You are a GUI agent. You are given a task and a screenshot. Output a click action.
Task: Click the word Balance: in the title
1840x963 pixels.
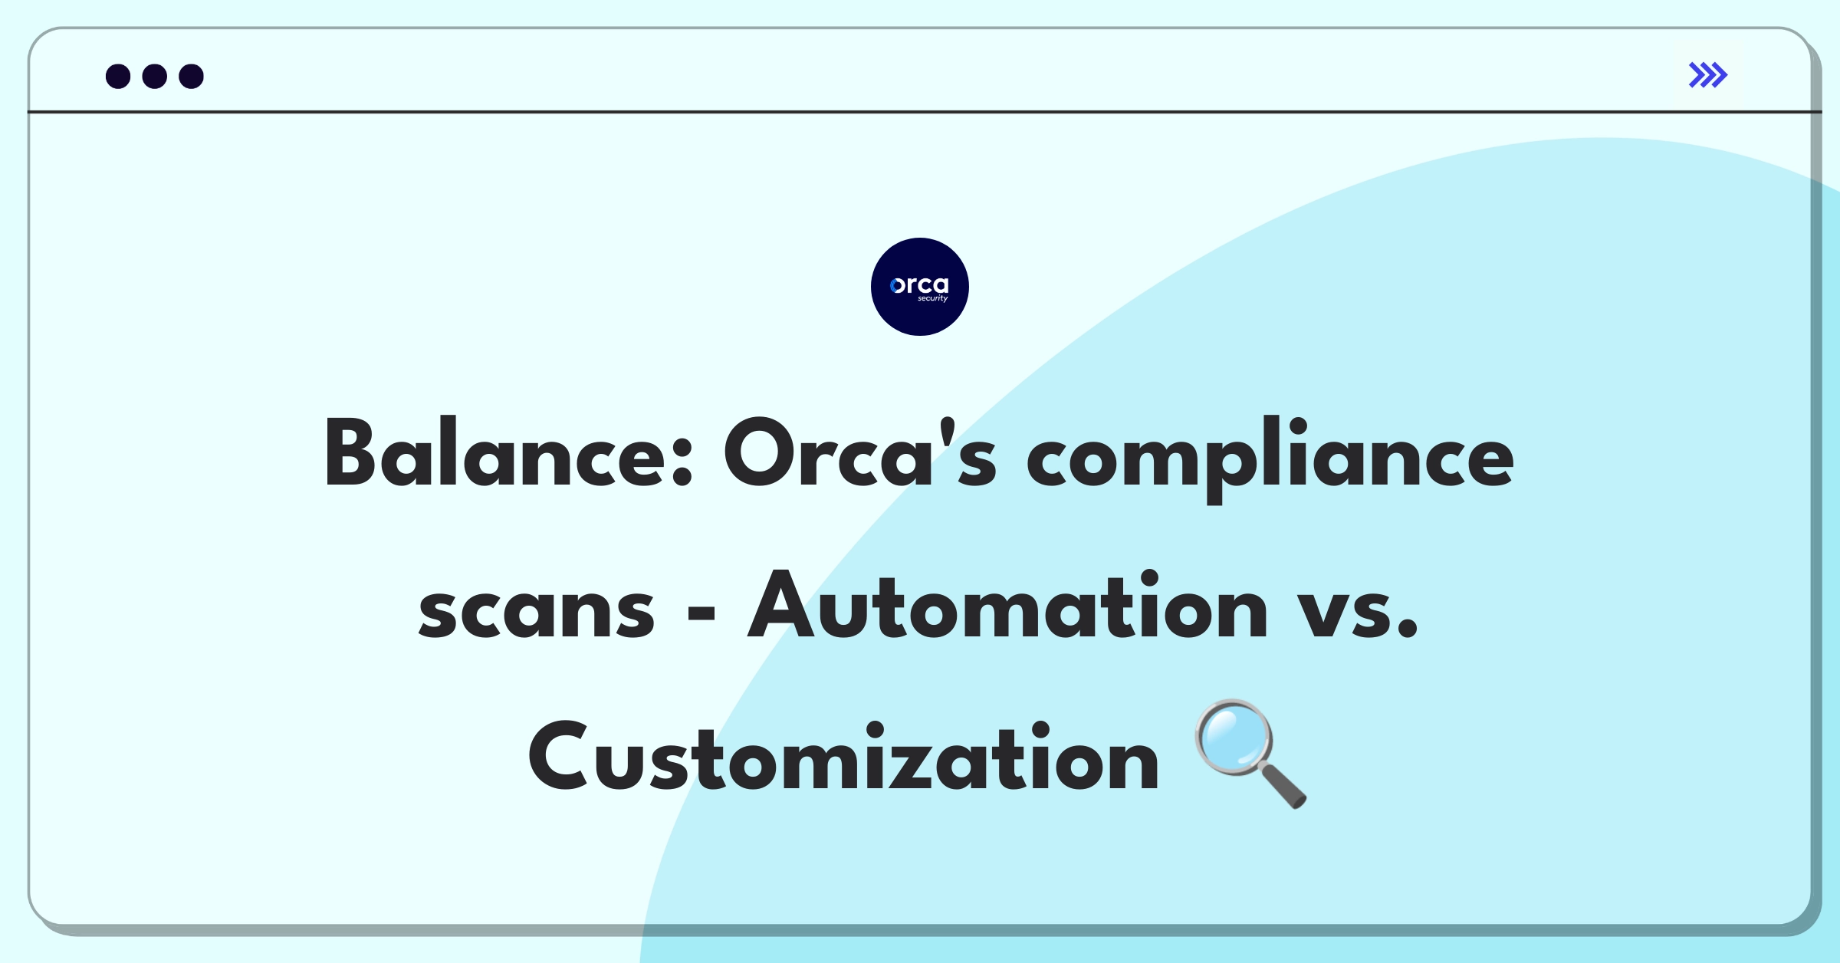[x=508, y=452]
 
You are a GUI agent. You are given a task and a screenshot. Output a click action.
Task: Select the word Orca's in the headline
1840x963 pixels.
[x=860, y=452]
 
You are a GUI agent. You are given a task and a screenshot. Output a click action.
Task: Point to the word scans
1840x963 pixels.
[x=537, y=611]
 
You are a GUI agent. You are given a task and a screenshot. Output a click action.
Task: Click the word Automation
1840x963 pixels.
[x=1007, y=605]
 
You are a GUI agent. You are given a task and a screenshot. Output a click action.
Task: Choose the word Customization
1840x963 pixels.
[x=843, y=757]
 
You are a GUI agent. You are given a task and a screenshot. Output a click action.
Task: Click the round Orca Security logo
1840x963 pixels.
[x=920, y=287]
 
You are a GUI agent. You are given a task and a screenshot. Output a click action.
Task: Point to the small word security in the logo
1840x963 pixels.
[x=933, y=298]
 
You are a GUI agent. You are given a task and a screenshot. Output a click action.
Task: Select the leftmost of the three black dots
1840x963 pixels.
[x=118, y=76]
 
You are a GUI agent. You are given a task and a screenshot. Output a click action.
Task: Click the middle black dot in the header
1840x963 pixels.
[x=155, y=76]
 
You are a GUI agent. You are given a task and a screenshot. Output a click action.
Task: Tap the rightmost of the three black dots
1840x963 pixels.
[x=192, y=76]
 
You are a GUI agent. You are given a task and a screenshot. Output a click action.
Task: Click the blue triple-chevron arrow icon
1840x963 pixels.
[x=1708, y=75]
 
